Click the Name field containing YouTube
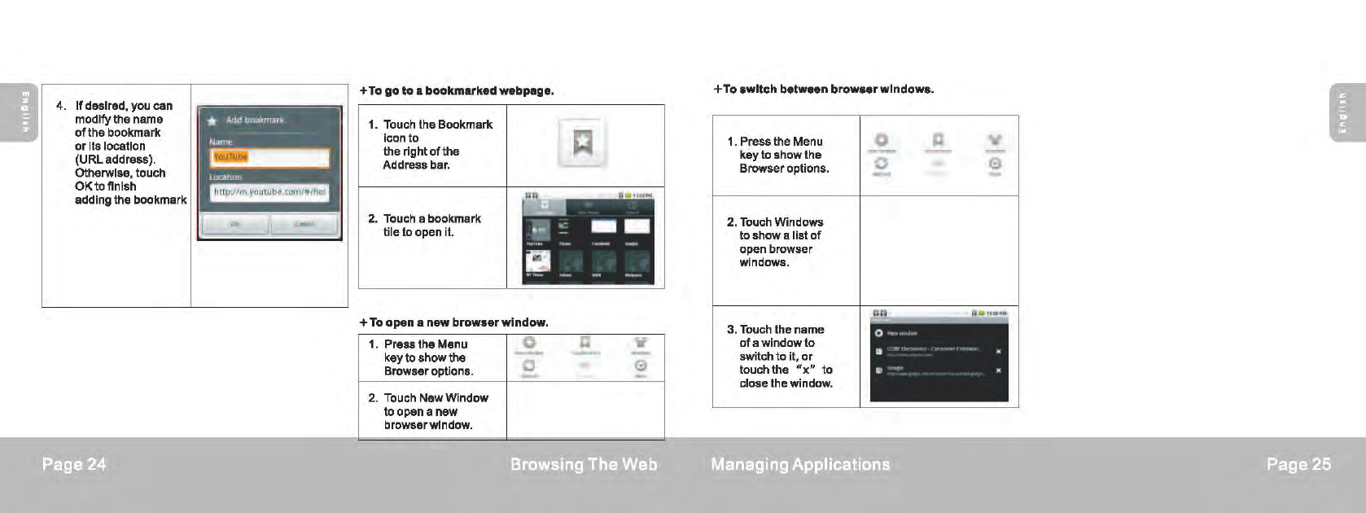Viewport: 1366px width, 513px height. pyautogui.click(x=269, y=157)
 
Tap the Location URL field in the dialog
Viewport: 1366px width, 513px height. pyautogui.click(x=269, y=192)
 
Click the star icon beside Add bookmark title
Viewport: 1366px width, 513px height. pyautogui.click(x=212, y=121)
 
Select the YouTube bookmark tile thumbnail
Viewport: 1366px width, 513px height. pyautogui.click(x=537, y=230)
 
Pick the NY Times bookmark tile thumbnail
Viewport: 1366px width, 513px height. pyautogui.click(x=537, y=262)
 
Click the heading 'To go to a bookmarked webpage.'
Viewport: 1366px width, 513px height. pyautogui.click(x=457, y=90)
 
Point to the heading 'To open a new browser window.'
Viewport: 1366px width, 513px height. pyautogui.click(x=454, y=322)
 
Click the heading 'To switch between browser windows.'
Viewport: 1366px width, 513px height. pyautogui.click(x=823, y=89)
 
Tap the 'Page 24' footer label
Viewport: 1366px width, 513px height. pyautogui.click(x=74, y=464)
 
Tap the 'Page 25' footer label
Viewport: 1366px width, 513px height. pyautogui.click(x=1298, y=464)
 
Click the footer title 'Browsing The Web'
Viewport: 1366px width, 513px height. pyautogui.click(x=583, y=464)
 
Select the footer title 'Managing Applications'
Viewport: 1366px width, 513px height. pyautogui.click(x=800, y=464)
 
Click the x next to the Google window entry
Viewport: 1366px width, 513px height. pyautogui.click(x=998, y=370)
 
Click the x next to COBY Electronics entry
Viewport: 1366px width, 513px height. pyautogui.click(x=998, y=352)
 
